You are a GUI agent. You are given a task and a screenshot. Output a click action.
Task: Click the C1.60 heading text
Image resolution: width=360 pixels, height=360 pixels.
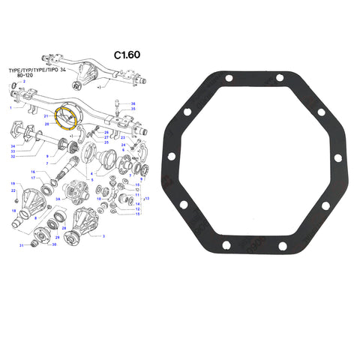[x=127, y=55]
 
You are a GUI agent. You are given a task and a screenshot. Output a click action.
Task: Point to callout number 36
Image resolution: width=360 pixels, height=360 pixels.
[x=133, y=103]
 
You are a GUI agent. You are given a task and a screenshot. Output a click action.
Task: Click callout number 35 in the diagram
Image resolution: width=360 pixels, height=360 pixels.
[x=133, y=109]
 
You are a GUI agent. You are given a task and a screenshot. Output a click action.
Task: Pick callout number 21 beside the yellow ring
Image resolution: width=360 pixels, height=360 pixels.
[x=46, y=117]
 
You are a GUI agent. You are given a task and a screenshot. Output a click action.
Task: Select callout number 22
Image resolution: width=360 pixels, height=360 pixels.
[x=13, y=191]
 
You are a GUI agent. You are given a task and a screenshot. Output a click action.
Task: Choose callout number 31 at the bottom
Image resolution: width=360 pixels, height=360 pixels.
[x=22, y=245]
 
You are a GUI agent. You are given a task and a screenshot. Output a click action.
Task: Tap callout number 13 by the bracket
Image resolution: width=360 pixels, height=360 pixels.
[x=147, y=198]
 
